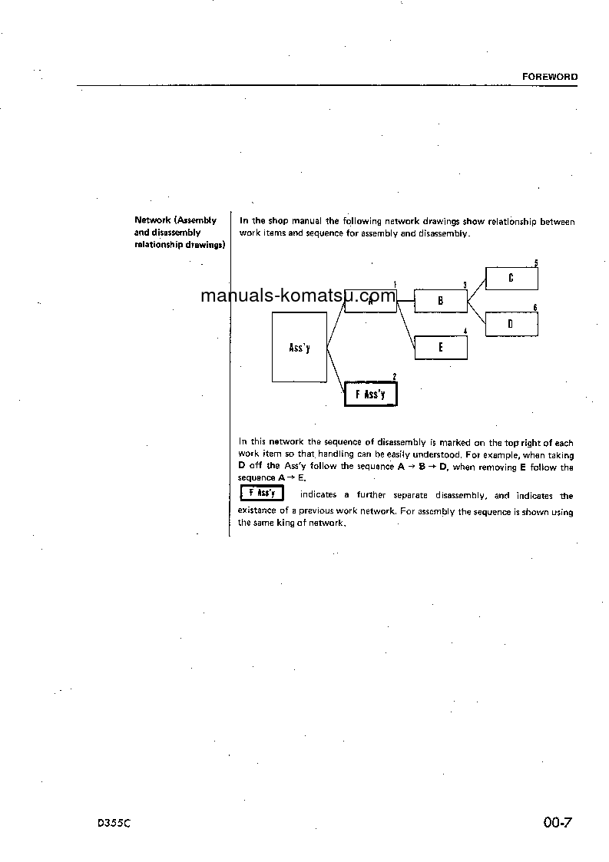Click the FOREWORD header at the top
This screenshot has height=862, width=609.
click(x=550, y=77)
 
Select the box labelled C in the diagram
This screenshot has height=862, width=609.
click(x=511, y=279)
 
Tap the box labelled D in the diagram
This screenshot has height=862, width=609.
click(x=511, y=325)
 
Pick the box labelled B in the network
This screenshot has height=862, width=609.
click(x=441, y=302)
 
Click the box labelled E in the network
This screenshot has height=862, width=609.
click(x=441, y=348)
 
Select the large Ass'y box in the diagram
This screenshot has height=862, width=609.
click(x=300, y=347)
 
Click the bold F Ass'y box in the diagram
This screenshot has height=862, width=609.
click(x=371, y=394)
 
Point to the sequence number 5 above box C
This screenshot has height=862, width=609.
click(x=535, y=263)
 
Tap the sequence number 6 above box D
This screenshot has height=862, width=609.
click(x=535, y=308)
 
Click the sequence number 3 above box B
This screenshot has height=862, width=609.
click(x=465, y=285)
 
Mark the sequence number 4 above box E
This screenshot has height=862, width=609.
click(x=465, y=331)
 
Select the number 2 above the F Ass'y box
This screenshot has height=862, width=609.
click(x=394, y=376)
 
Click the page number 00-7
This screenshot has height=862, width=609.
click(x=558, y=823)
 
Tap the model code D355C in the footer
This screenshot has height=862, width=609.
click(x=114, y=824)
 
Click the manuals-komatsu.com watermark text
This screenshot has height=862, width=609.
click(x=298, y=296)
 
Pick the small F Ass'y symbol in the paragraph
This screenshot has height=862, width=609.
click(x=262, y=493)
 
